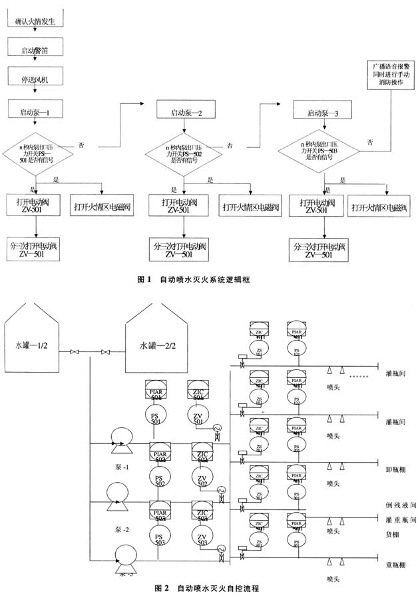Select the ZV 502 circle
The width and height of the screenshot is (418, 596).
click(x=202, y=477)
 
